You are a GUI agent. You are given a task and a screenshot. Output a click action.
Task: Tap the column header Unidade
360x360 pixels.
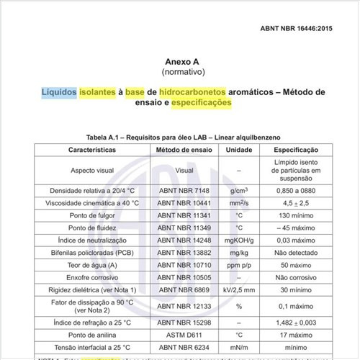point(239,150)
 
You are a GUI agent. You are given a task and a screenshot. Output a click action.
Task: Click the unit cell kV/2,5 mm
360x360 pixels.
point(239,288)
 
